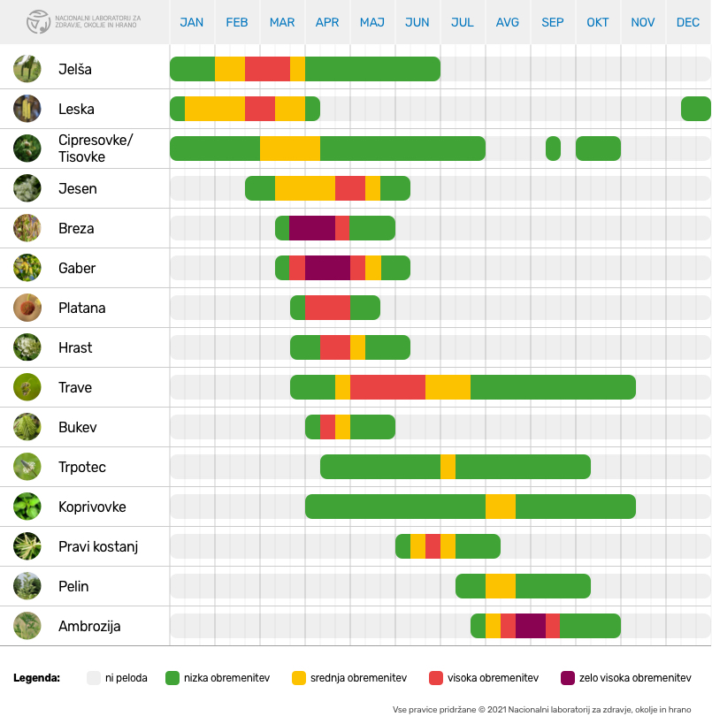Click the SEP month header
pos(553,22)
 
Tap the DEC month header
pos(688,22)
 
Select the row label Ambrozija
pos(89,626)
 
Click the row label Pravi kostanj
pos(98,546)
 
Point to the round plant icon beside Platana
pos(27,308)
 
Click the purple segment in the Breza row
pos(312,228)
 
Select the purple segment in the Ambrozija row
pos(531,626)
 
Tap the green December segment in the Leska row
pos(696,109)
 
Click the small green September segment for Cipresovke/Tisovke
pos(553,149)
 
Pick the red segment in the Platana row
pos(327,308)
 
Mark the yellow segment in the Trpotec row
pos(448,467)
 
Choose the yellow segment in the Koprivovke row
pos(501,507)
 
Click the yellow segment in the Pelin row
pos(501,586)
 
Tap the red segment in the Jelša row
pos(267,69)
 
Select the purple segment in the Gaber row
pos(327,268)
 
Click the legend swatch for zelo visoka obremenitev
pos(568,678)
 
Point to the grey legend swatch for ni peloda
pos(94,678)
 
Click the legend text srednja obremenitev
pos(358,678)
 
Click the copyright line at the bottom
pos(541,709)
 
